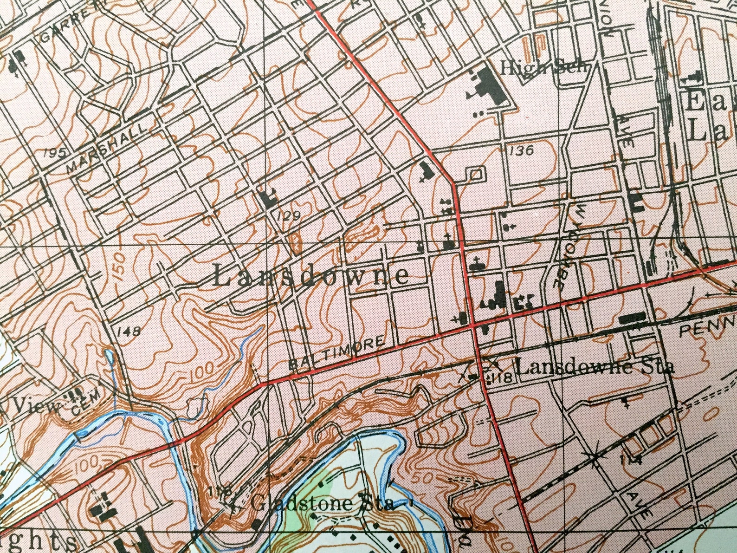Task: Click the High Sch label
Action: click(543, 69)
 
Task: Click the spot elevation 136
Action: click(521, 150)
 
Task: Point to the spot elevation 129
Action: click(288, 215)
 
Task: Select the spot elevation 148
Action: click(129, 331)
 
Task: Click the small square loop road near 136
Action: click(475, 175)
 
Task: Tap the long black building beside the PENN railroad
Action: click(632, 318)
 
